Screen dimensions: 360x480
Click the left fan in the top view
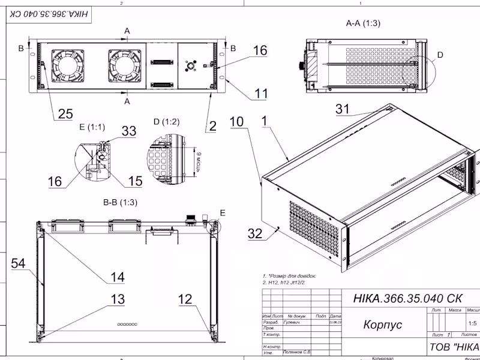click(70, 65)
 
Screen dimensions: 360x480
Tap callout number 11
click(261, 94)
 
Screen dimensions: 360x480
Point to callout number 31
click(343, 109)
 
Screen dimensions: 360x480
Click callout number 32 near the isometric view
click(256, 233)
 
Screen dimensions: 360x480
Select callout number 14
click(117, 277)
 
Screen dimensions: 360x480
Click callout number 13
click(118, 299)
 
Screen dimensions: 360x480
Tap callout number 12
click(186, 299)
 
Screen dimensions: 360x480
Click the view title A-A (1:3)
click(363, 23)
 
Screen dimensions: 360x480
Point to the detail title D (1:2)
click(166, 122)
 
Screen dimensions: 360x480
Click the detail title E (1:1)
click(91, 127)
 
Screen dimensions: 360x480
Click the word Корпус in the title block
click(382, 325)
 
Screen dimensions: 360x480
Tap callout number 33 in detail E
click(129, 131)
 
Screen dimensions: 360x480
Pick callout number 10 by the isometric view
click(237, 122)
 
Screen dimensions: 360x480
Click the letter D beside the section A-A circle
click(440, 55)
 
